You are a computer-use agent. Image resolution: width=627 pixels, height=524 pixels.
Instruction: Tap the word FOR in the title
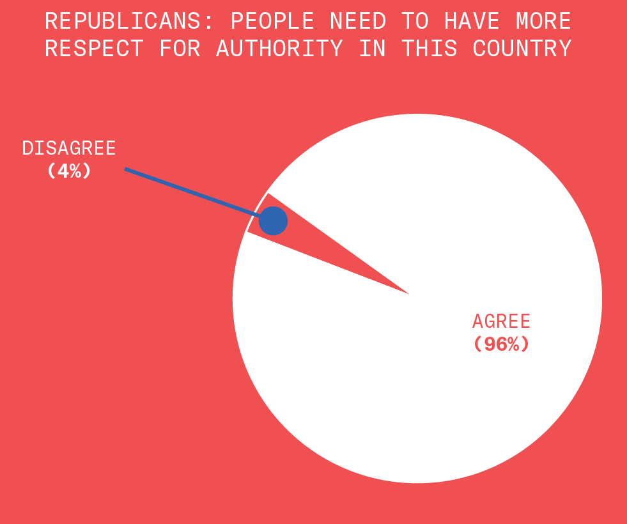[180, 49]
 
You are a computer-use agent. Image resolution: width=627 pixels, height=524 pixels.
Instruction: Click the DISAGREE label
[69, 148]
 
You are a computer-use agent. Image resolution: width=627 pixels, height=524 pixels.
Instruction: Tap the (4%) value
[69, 171]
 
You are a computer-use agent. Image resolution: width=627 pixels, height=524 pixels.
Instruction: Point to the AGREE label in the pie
[501, 321]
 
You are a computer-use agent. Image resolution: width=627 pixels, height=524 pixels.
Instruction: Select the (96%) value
[501, 344]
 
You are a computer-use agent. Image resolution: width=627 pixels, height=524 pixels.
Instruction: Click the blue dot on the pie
[273, 221]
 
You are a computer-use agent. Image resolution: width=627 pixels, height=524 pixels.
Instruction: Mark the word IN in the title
[373, 49]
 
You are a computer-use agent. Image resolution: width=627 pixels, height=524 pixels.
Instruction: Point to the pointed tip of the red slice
[406, 293]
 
